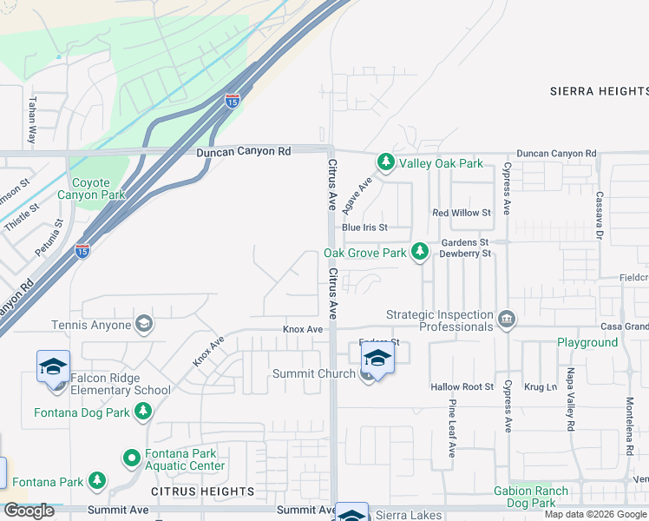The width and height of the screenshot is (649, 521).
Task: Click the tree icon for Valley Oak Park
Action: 385,162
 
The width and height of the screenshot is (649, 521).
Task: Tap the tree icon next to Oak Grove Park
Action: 420,253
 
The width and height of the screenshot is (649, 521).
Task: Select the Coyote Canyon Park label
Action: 84,188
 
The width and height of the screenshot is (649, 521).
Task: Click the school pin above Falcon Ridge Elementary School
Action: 53,366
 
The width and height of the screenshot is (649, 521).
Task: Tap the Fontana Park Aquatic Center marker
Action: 131,457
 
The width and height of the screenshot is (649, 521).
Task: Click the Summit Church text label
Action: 313,373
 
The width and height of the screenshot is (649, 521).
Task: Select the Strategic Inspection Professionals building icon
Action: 508,320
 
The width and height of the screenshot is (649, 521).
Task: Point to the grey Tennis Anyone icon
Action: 144,325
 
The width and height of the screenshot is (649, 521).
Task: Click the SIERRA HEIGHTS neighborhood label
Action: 599,90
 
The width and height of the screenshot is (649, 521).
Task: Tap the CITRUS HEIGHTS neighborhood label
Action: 202,491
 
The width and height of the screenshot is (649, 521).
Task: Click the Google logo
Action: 29,511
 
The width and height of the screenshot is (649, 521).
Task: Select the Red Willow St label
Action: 462,213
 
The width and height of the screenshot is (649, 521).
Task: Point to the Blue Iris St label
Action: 364,228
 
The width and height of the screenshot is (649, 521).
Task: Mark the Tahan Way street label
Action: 32,120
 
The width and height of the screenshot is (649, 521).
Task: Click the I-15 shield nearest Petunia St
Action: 82,251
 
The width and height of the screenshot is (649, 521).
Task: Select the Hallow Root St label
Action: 462,386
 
